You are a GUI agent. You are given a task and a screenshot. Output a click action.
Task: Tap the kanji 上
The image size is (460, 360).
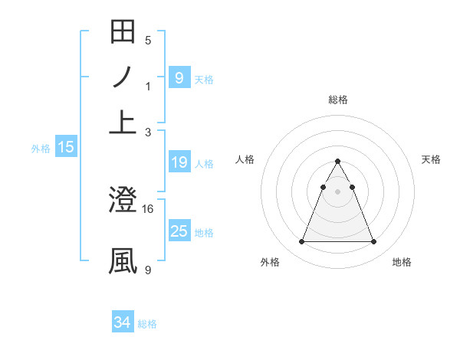pyautogui.click(x=123, y=121)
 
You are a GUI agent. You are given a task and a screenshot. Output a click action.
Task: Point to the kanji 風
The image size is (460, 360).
pyautogui.click(x=123, y=260)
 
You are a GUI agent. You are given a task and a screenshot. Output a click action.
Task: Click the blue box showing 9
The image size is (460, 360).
pyautogui.click(x=179, y=77)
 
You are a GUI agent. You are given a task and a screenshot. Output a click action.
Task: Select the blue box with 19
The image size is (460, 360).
pyautogui.click(x=179, y=162)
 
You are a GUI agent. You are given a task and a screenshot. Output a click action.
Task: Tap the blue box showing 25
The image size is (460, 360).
pyautogui.click(x=179, y=231)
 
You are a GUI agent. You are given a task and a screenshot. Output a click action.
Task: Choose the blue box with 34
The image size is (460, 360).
pyautogui.click(x=123, y=322)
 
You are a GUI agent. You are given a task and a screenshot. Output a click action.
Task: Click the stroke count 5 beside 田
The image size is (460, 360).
pyautogui.click(x=148, y=40)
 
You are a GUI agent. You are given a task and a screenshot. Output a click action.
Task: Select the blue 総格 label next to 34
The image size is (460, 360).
pyautogui.click(x=147, y=324)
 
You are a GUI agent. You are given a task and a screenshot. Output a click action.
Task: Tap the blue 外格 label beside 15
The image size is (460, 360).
pyautogui.click(x=41, y=149)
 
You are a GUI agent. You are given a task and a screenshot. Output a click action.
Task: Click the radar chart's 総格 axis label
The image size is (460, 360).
pyautogui.click(x=338, y=100)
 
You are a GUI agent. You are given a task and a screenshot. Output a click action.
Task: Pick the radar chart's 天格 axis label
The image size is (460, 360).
pyautogui.click(x=432, y=159)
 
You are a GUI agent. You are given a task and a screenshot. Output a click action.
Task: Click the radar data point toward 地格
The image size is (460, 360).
pyautogui.click(x=373, y=242)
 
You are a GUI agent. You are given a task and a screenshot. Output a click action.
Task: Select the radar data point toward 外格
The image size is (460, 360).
pyautogui.click(x=301, y=242)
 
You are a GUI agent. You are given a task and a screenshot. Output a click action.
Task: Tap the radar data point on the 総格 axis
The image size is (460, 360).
pyautogui.click(x=337, y=162)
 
